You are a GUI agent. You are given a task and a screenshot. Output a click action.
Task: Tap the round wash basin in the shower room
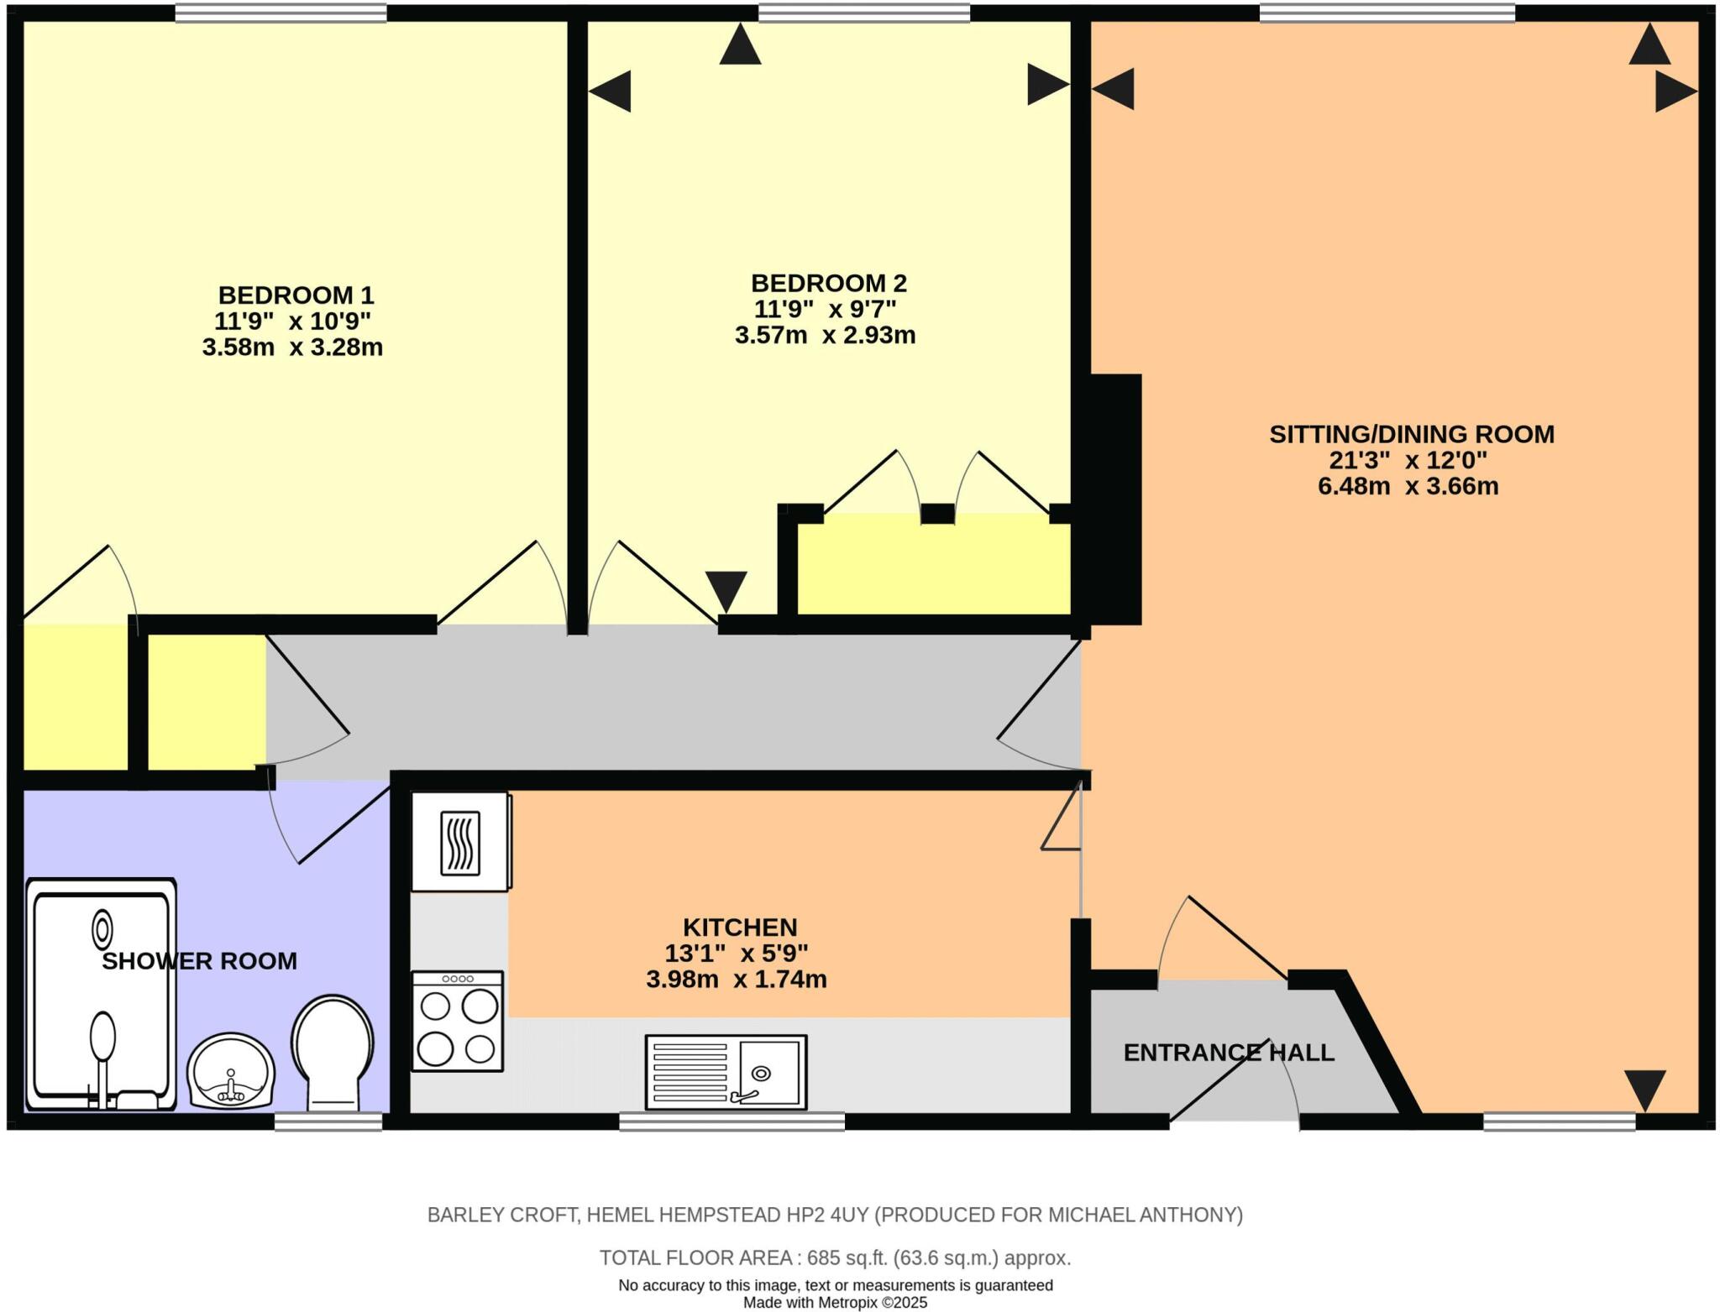click(x=231, y=1073)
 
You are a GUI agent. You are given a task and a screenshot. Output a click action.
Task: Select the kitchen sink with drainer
click(x=726, y=1072)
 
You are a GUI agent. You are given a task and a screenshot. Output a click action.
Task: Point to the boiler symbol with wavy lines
click(x=460, y=843)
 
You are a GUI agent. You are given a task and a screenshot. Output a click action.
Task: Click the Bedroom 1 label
click(x=296, y=295)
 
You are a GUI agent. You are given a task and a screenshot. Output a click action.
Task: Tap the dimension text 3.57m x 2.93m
click(x=825, y=336)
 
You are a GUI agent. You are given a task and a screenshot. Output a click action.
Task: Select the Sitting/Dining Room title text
click(x=1411, y=434)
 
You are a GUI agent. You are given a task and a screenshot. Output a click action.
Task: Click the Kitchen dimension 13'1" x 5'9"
click(x=736, y=954)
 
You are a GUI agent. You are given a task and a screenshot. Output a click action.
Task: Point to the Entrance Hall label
click(x=1228, y=1053)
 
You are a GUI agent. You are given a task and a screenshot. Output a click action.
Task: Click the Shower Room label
click(x=199, y=961)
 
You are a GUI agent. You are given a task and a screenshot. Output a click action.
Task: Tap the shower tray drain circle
click(x=102, y=930)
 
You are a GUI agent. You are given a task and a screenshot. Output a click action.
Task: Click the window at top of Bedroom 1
click(x=281, y=13)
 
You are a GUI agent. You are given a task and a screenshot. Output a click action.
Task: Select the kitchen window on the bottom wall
click(x=732, y=1121)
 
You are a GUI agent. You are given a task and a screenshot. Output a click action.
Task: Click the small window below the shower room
click(x=328, y=1121)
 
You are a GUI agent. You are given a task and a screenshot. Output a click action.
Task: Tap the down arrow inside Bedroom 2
click(x=726, y=589)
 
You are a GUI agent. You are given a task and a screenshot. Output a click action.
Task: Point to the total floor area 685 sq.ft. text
click(x=834, y=1257)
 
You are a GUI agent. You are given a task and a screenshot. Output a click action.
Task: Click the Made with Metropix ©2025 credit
click(x=835, y=1303)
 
